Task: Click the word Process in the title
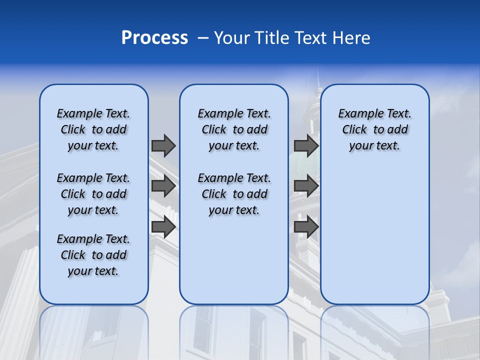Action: click(154, 38)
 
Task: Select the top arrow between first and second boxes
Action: click(163, 145)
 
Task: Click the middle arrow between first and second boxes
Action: click(163, 186)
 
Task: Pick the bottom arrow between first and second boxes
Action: click(163, 227)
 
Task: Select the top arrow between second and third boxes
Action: click(306, 145)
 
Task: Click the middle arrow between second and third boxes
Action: click(306, 186)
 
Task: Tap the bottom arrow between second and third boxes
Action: click(306, 227)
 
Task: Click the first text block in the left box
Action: click(93, 129)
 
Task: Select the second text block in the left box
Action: click(93, 194)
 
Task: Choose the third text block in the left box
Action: click(93, 255)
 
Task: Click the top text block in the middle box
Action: click(234, 129)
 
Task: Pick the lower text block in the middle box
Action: click(234, 194)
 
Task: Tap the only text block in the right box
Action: click(374, 129)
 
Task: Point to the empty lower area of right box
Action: click(374, 230)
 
